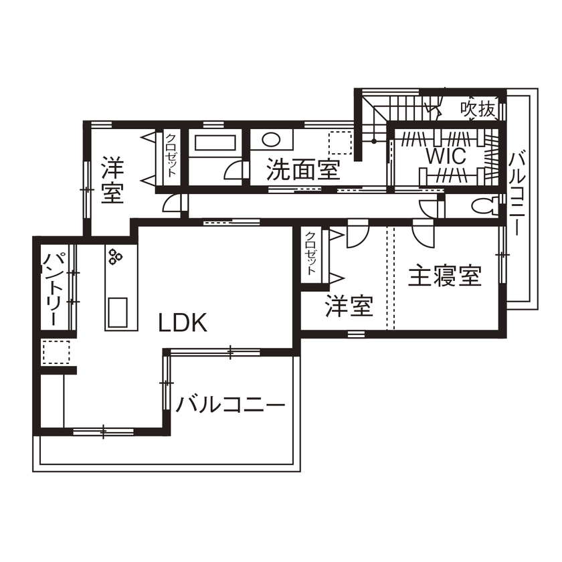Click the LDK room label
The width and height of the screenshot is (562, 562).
(183, 324)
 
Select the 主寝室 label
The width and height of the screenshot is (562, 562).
(445, 276)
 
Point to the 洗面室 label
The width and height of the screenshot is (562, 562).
(303, 170)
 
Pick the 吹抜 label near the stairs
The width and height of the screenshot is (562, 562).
(478, 108)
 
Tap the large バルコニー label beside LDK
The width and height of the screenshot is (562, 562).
(231, 405)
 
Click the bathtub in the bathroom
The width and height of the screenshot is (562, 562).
(215, 143)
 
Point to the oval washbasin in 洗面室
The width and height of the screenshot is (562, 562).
(271, 140)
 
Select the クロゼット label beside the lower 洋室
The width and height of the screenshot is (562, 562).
(312, 254)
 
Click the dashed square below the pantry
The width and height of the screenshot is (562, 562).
(56, 351)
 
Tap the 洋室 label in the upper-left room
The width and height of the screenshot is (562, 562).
(112, 180)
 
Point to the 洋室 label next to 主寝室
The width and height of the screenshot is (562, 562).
(349, 306)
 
